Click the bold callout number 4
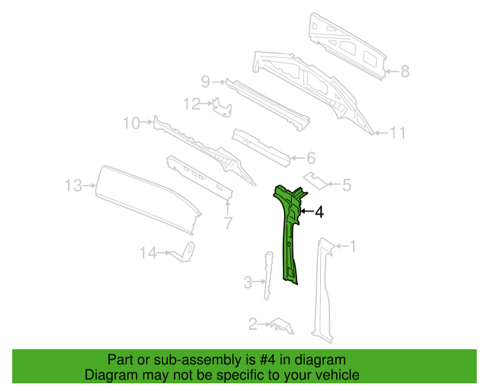tap(319, 212)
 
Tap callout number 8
tap(405, 71)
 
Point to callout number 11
tap(397, 133)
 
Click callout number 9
tap(206, 82)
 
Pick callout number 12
tap(192, 104)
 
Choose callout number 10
tap(131, 123)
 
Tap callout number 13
tap(73, 186)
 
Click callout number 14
tap(147, 253)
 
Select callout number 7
tap(228, 223)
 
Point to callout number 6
tap(311, 158)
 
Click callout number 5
tap(347, 185)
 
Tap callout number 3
tap(248, 283)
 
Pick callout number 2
tap(253, 325)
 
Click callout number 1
tap(353, 246)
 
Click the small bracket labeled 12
tap(222, 107)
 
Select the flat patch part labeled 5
tap(316, 180)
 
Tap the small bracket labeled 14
tap(183, 252)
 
